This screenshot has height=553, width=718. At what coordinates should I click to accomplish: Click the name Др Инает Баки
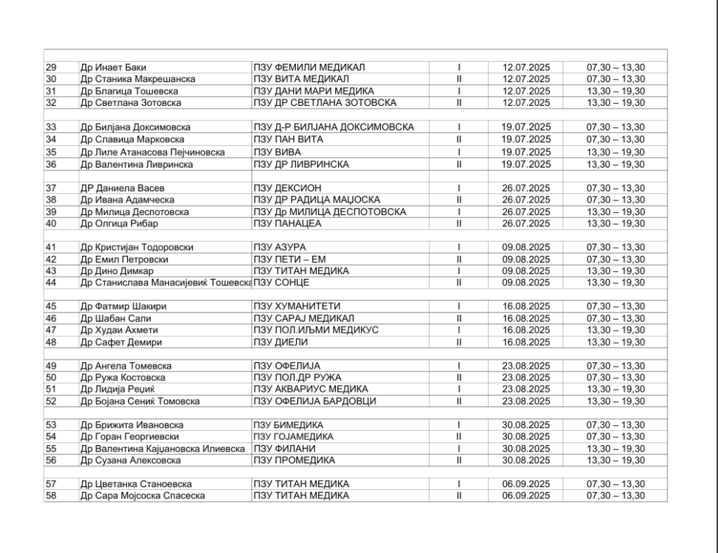(114, 67)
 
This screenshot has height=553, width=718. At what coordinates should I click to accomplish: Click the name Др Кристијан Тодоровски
(137, 247)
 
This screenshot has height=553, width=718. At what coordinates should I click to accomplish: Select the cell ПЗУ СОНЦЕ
(281, 282)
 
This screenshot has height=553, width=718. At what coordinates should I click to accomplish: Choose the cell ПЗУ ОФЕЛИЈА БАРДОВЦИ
(315, 402)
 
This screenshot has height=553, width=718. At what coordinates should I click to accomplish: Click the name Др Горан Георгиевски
(130, 437)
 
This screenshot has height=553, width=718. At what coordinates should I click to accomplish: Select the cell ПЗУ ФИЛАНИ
(285, 449)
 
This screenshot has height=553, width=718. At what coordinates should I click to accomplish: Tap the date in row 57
(527, 484)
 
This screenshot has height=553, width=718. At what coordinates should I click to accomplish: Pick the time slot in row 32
(616, 103)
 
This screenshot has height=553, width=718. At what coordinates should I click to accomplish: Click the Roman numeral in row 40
(459, 224)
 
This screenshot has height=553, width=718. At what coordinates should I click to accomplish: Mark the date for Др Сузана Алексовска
(527, 460)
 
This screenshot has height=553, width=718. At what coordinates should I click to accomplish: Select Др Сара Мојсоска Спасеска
(142, 496)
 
